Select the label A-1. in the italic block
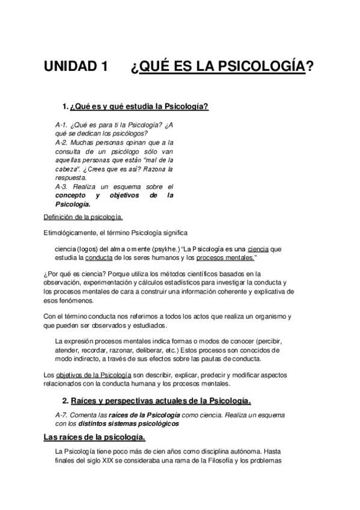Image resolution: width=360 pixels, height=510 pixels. click(62, 124)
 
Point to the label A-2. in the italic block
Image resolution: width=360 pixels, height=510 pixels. click(62, 143)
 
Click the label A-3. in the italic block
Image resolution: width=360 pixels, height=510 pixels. click(62, 187)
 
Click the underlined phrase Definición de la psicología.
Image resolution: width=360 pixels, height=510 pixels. click(84, 218)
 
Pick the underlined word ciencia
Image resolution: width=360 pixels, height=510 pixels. click(257, 248)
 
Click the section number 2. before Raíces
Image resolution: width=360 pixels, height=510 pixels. click(66, 400)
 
